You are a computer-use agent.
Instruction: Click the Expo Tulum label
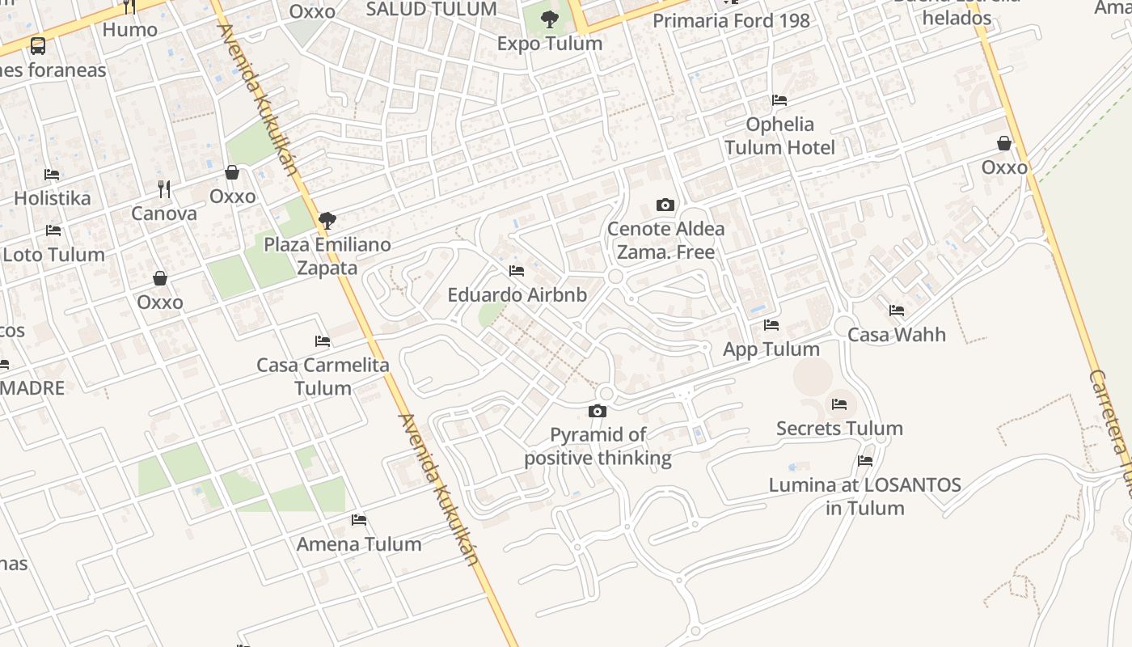click(x=550, y=44)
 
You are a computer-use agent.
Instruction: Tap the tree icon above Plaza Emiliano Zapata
click(x=327, y=220)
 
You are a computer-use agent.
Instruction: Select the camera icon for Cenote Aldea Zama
click(x=665, y=205)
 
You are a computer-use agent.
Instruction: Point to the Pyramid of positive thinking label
click(x=598, y=446)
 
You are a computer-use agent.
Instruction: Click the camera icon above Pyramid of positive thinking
click(x=598, y=412)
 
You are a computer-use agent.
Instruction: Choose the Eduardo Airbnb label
click(x=517, y=295)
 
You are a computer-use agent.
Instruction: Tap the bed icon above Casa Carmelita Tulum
click(x=323, y=341)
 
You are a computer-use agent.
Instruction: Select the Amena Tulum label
click(x=359, y=544)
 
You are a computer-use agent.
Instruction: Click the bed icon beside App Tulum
click(x=771, y=325)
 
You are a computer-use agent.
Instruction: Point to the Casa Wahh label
click(x=897, y=335)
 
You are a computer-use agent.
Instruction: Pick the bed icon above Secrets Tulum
click(x=839, y=404)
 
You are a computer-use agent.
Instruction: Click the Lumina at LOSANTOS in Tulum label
click(x=864, y=497)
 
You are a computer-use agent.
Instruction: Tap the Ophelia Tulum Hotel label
click(x=779, y=136)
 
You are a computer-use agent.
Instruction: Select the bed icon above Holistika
click(x=52, y=175)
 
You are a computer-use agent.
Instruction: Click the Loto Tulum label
click(x=54, y=255)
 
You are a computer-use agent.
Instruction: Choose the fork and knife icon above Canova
click(x=164, y=189)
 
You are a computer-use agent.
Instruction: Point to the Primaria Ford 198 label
click(x=731, y=21)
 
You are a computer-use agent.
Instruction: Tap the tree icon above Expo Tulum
click(x=550, y=19)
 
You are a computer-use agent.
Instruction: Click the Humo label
click(x=130, y=31)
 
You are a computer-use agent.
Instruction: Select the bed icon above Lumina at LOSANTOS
click(x=865, y=461)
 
